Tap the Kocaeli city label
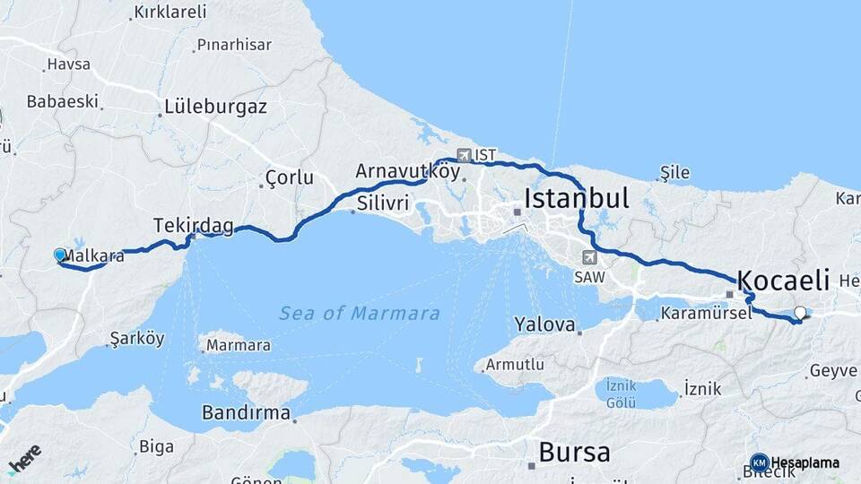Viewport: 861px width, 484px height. tap(783, 279)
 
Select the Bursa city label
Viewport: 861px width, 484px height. tap(574, 451)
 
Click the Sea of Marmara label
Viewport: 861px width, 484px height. tap(359, 314)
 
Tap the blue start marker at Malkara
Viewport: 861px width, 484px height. tap(60, 255)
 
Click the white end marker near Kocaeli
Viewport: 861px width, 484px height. tap(800, 313)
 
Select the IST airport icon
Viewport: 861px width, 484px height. tap(464, 155)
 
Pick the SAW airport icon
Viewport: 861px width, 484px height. tap(588, 257)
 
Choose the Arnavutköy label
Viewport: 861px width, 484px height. tap(407, 170)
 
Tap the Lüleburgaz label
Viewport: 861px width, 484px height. tap(215, 107)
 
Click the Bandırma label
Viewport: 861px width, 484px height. tap(246, 413)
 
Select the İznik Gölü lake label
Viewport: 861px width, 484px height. tap(621, 393)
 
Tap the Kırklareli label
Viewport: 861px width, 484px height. tap(170, 12)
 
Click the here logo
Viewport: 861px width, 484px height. tap(25, 459)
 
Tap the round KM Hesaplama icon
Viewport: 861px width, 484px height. tap(759, 462)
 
